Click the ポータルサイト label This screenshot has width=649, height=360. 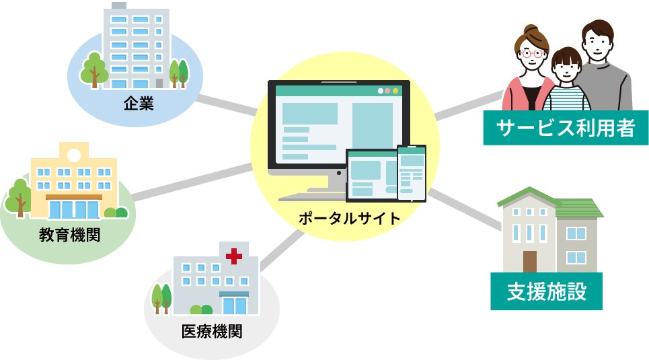tap(349, 218)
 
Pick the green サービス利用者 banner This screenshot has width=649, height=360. tap(566, 128)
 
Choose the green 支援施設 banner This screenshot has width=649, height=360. tap(546, 291)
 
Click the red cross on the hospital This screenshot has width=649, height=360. tap(234, 256)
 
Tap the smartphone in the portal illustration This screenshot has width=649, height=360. tap(411, 172)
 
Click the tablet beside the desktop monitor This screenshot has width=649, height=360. tap(371, 176)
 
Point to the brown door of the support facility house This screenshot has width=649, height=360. tap(530, 262)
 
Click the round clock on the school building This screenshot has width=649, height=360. tap(73, 153)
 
